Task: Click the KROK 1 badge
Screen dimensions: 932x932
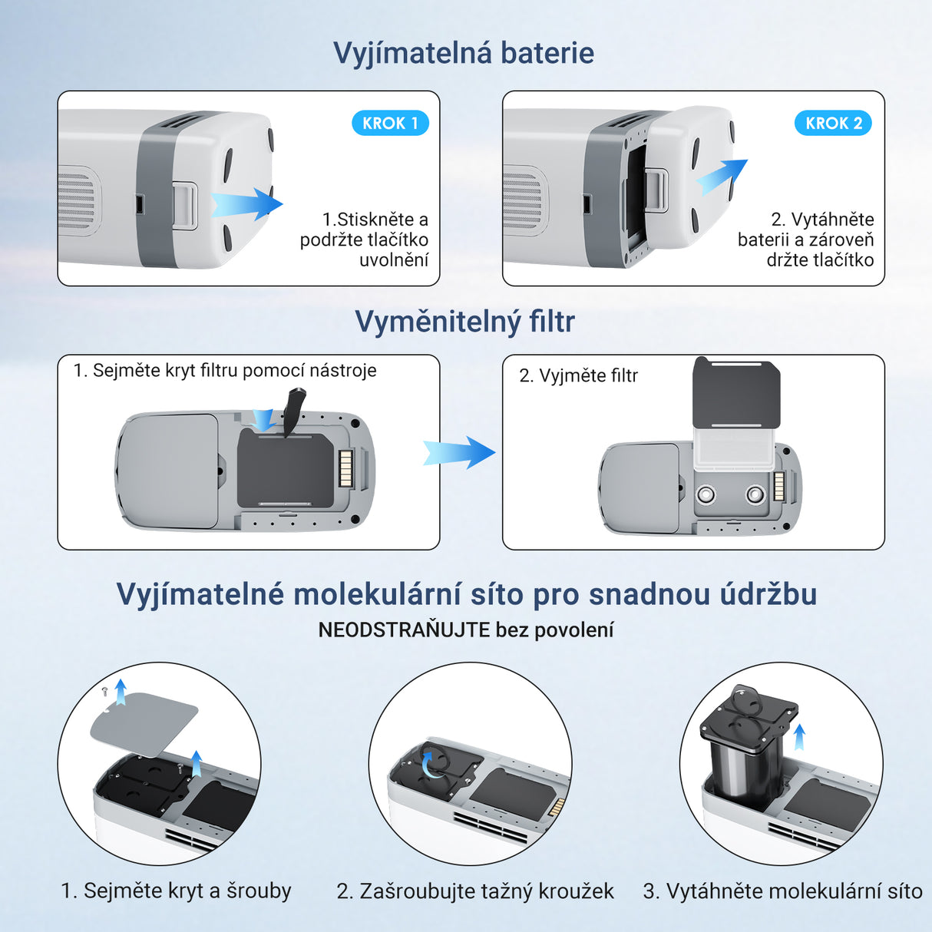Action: click(390, 123)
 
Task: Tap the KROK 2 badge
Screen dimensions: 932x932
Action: click(833, 123)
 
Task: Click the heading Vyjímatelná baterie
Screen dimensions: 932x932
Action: click(464, 53)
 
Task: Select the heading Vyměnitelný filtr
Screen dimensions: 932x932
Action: click(464, 322)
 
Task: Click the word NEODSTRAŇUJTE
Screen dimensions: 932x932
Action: click(404, 630)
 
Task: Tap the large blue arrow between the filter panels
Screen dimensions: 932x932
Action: click(459, 452)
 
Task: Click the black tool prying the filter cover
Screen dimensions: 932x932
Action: click(294, 410)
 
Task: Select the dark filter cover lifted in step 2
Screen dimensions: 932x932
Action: click(736, 393)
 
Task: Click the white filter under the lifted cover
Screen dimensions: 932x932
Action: click(735, 448)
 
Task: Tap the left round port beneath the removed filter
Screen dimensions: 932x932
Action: click(706, 494)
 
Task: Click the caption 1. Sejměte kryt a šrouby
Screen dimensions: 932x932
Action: click(176, 891)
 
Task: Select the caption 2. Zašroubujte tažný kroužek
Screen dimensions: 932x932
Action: click(474, 891)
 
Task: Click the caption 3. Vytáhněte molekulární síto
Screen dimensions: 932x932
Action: click(782, 891)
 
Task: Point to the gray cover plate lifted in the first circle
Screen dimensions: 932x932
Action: click(144, 720)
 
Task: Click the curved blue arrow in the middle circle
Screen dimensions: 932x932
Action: click(432, 764)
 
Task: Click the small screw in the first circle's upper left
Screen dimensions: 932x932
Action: click(104, 692)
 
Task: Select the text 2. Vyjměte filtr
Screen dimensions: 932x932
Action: click(578, 375)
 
